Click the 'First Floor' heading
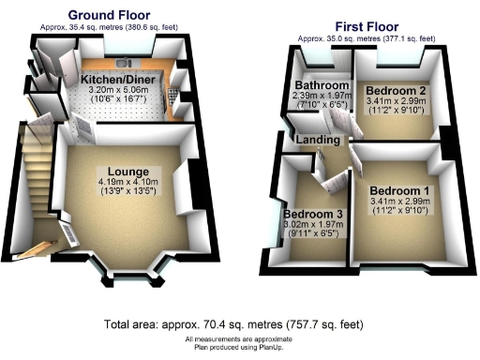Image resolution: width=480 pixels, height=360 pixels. (366, 26)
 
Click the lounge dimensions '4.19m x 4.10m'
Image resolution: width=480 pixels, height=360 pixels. (126, 182)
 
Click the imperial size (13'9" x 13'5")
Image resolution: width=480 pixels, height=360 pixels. (125, 191)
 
